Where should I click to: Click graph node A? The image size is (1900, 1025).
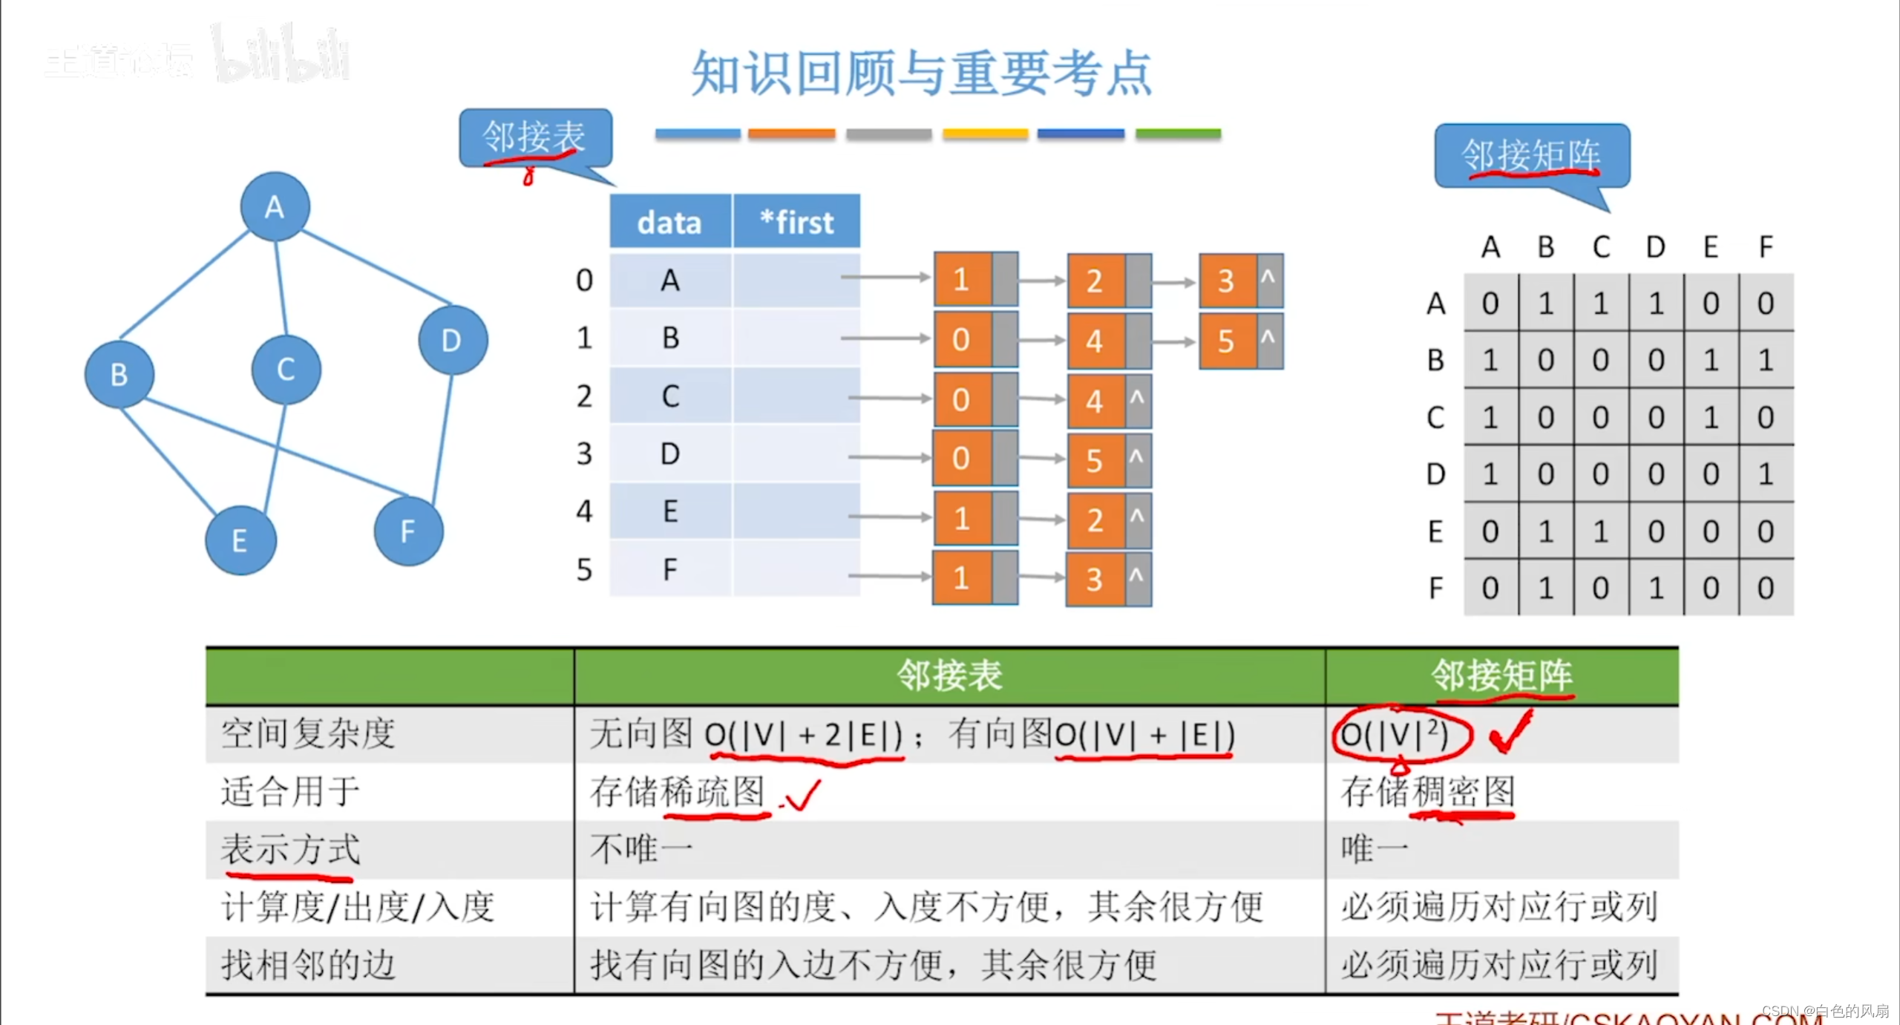click(x=275, y=206)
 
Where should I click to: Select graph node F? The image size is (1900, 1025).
click(x=408, y=531)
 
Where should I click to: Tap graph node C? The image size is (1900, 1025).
click(x=286, y=369)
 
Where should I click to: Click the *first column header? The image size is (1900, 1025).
click(x=796, y=222)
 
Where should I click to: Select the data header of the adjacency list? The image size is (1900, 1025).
click(x=669, y=222)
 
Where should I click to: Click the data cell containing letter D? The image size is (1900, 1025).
click(x=669, y=453)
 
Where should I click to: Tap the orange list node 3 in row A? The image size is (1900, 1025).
click(x=1227, y=281)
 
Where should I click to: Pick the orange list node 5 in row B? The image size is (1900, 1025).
click(x=1227, y=341)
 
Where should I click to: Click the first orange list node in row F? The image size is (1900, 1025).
click(x=962, y=577)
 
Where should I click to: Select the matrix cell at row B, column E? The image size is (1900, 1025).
click(x=1711, y=360)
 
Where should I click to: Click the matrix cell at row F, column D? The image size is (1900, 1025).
click(x=1656, y=588)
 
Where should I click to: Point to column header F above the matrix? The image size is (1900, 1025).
click(x=1766, y=246)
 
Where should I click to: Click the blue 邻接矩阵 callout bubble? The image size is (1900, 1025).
click(x=1531, y=155)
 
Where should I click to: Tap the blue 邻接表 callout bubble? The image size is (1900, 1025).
click(x=535, y=137)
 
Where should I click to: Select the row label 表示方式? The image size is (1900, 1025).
click(x=290, y=849)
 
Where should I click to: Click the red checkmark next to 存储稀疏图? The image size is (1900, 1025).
click(x=802, y=795)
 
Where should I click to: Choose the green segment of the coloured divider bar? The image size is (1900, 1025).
click(x=1178, y=134)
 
